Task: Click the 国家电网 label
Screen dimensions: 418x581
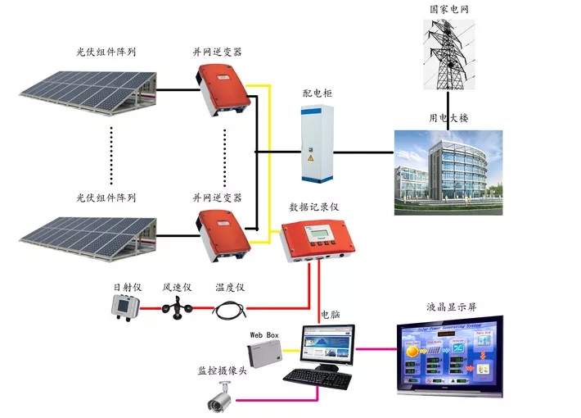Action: point(449,9)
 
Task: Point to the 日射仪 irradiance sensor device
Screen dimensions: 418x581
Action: point(127,307)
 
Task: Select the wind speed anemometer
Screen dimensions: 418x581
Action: point(177,309)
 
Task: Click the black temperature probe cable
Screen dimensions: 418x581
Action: point(230,310)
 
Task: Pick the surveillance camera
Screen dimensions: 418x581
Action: point(218,400)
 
